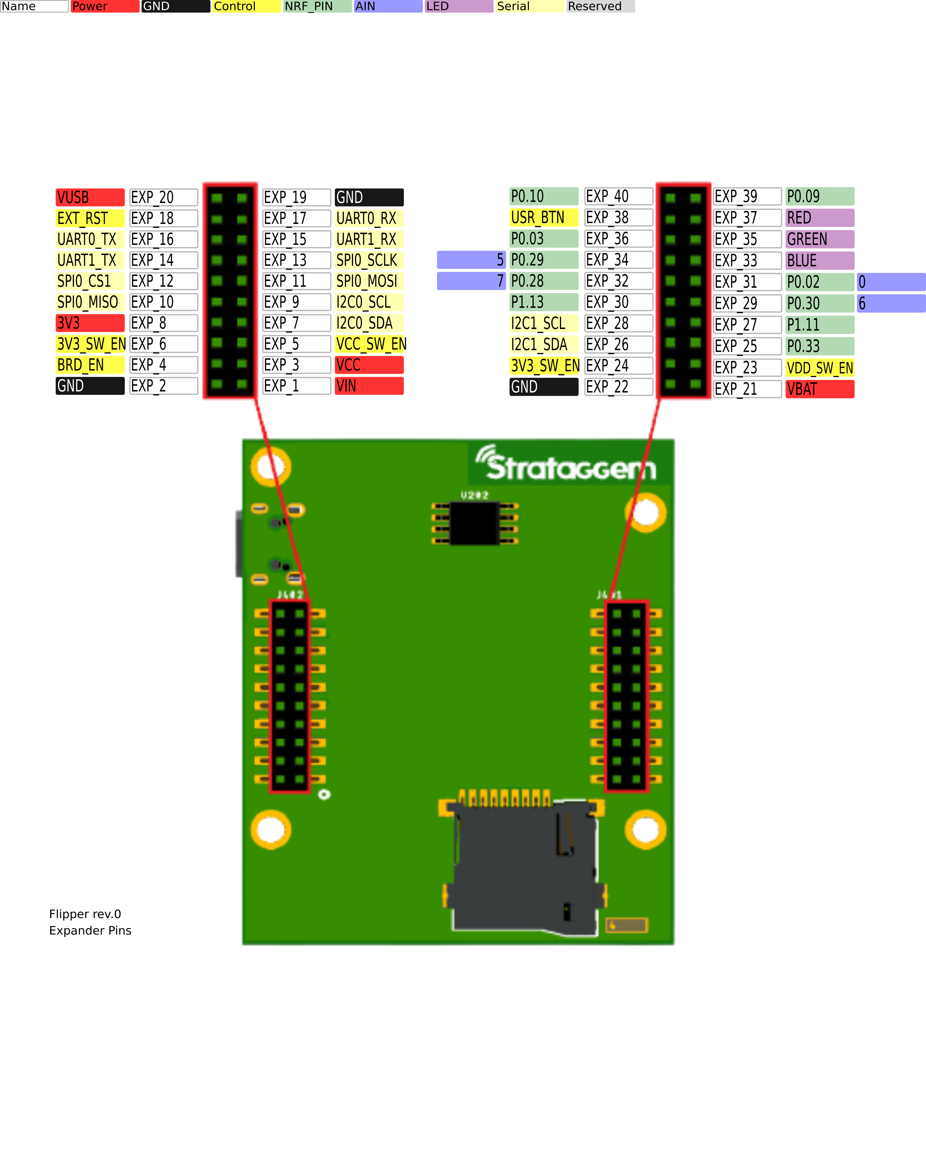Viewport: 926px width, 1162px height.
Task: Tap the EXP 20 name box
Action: click(164, 197)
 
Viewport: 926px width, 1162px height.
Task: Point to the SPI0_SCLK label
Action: click(369, 260)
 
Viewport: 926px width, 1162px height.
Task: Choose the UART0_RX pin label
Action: click(369, 218)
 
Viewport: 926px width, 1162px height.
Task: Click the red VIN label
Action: click(369, 386)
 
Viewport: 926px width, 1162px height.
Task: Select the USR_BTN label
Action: click(544, 218)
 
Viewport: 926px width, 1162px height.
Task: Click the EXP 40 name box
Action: click(618, 196)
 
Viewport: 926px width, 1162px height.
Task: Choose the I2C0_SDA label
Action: click(369, 323)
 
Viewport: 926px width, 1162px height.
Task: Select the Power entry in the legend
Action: click(105, 7)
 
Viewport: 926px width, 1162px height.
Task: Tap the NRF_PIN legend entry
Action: click(317, 7)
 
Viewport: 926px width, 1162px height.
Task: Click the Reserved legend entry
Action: click(600, 7)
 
